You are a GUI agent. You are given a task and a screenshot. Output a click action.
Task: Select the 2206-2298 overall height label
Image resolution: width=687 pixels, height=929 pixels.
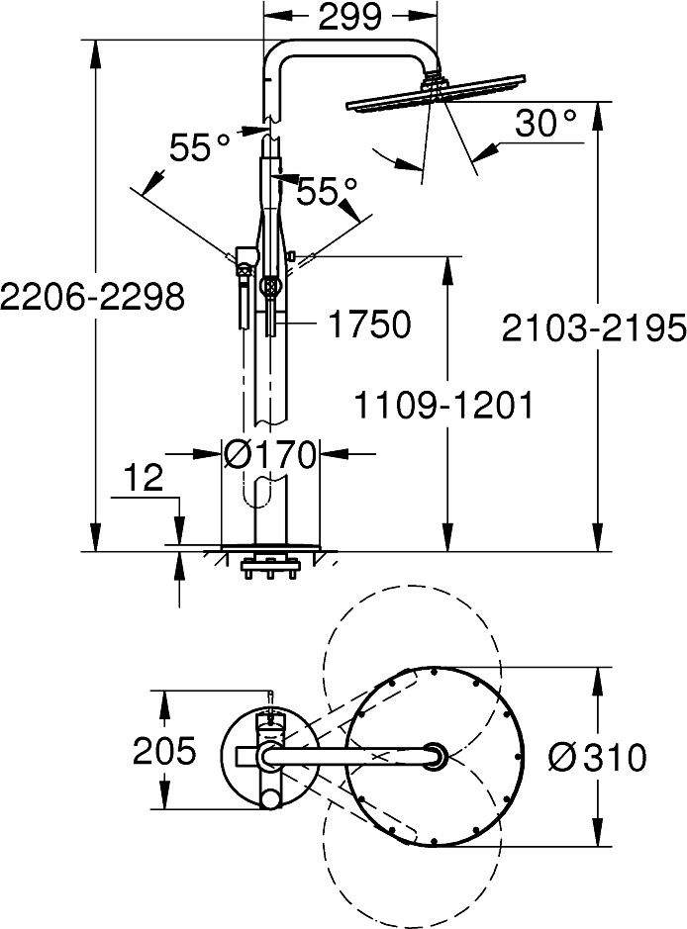(92, 296)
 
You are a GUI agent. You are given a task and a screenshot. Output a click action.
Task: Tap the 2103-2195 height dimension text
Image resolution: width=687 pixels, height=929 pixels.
(594, 327)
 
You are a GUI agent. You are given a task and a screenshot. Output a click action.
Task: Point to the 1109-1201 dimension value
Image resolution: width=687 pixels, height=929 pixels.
(443, 406)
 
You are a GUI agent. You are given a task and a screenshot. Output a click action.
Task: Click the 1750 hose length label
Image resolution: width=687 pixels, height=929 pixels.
(369, 325)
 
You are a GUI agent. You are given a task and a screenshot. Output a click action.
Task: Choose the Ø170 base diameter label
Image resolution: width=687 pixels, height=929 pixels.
(269, 455)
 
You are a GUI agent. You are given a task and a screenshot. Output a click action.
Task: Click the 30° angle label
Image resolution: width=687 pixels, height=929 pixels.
(545, 123)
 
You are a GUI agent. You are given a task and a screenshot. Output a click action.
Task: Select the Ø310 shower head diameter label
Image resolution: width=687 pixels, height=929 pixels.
(597, 757)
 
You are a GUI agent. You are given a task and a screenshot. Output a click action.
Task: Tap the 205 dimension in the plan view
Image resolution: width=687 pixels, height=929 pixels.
(164, 751)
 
